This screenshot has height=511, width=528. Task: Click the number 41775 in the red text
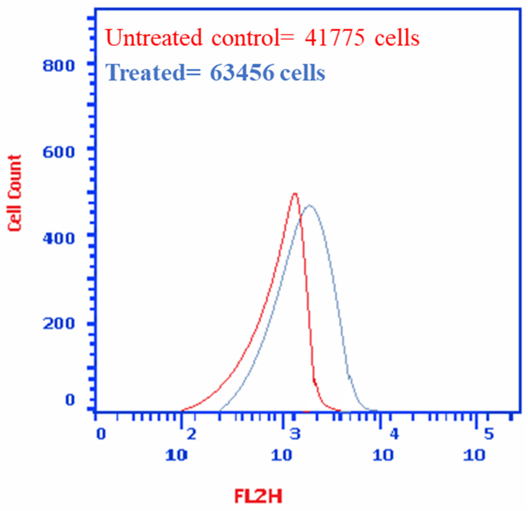(335, 38)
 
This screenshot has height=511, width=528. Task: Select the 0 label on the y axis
(70, 400)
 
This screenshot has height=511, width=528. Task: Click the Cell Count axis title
(15, 193)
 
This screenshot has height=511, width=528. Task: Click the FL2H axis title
(258, 497)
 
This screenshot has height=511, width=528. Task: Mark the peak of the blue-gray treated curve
(309, 205)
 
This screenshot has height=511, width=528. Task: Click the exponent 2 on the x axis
(192, 435)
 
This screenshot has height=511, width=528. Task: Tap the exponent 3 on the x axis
(295, 435)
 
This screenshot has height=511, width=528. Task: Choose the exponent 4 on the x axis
(394, 435)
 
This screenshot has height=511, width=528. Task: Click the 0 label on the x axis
(101, 435)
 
